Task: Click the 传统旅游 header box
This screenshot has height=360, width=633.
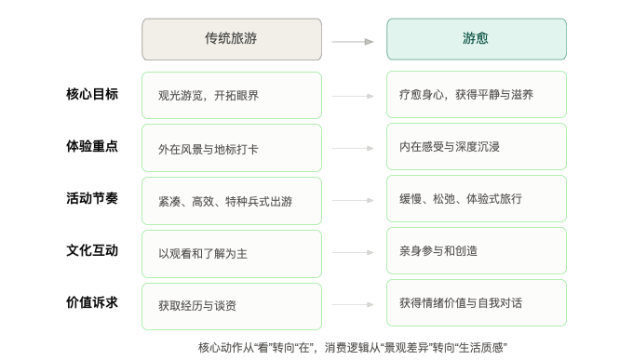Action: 232,39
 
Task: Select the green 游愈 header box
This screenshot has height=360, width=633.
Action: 477,39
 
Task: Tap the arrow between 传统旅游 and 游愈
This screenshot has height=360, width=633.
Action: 353,42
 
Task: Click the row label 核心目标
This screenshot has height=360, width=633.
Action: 92,94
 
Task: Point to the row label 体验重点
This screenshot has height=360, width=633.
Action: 92,146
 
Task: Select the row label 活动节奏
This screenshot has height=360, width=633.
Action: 92,198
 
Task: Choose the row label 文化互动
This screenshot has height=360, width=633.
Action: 92,250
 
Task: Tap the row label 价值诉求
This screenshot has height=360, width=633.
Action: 92,302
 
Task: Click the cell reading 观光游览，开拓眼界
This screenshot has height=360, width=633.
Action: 232,95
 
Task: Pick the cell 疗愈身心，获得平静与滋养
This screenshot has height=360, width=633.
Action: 477,95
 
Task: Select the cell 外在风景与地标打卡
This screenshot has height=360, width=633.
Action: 232,148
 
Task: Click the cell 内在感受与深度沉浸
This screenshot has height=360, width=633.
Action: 477,146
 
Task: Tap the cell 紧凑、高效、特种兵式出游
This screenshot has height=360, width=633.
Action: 232,201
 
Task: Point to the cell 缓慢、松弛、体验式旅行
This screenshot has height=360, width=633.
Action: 477,198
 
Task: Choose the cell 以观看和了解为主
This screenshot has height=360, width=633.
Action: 232,254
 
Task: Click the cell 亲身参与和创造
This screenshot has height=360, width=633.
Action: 477,250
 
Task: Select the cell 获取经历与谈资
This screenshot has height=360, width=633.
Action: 232,306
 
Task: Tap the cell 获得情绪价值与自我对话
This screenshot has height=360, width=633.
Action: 477,302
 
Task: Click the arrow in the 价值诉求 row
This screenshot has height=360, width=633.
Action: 353,304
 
